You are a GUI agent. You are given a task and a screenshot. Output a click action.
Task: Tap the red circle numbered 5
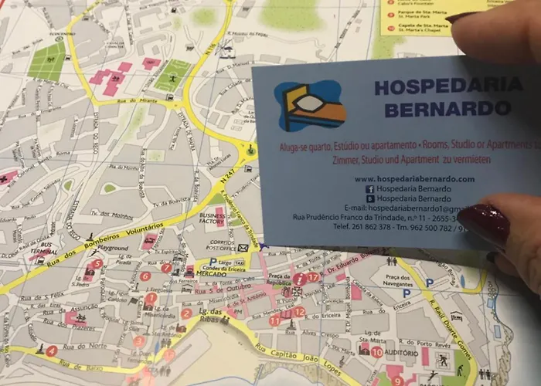pos(97,263)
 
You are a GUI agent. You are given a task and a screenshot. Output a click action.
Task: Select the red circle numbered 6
pos(145,276)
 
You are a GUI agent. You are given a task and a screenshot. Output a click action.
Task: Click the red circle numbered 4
pos(52,350)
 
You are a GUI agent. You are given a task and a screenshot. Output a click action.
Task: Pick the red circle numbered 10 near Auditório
pos(376,352)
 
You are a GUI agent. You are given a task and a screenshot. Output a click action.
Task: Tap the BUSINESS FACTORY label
pos(212,220)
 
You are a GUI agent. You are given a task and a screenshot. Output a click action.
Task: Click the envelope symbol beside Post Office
pos(243,248)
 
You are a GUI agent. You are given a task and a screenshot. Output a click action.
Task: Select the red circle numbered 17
pos(312,276)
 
